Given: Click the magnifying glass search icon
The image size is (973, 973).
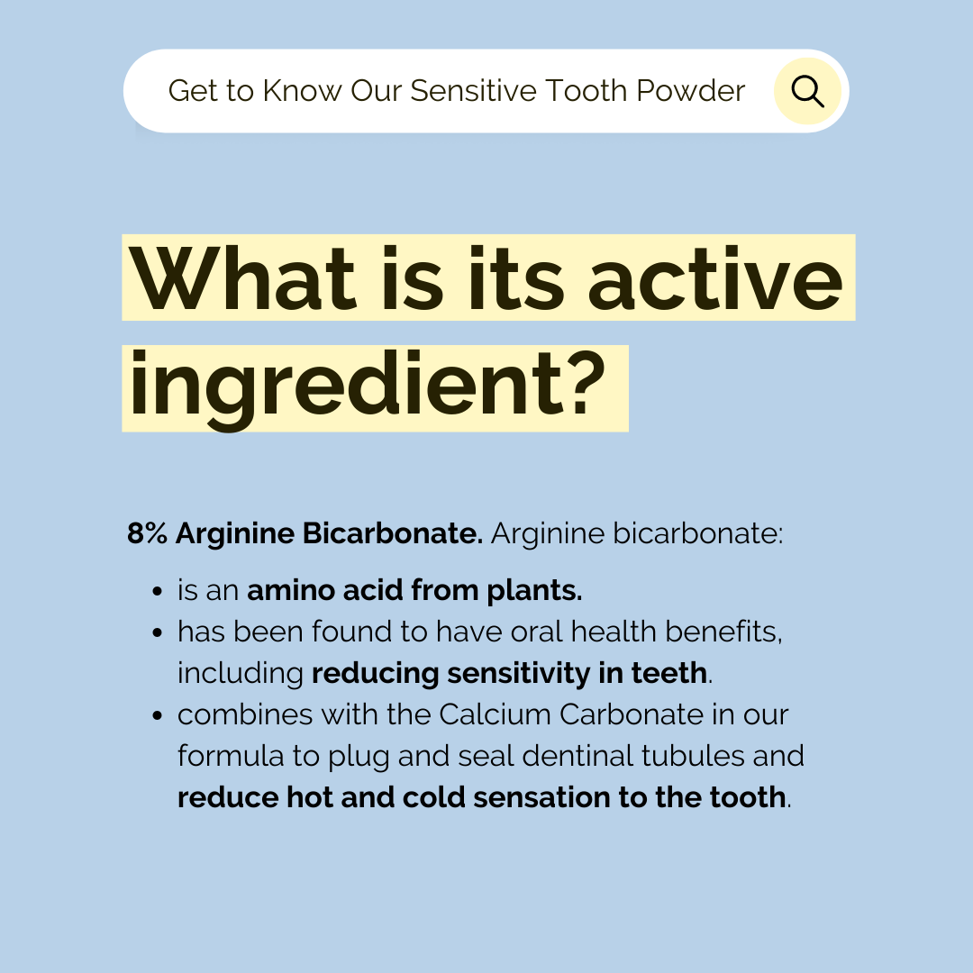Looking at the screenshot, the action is [807, 92].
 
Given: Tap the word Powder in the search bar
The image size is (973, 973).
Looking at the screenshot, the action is [691, 91].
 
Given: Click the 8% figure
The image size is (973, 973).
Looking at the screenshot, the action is [147, 533].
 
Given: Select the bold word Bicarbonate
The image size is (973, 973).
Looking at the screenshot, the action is [392, 533].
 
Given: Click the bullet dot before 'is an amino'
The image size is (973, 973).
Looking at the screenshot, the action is [157, 591].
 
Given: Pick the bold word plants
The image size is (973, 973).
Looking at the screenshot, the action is [534, 591].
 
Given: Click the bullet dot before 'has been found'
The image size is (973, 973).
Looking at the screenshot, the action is [157, 633].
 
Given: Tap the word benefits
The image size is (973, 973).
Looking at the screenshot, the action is [723, 632].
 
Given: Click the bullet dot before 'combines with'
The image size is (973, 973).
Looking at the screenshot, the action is [157, 715].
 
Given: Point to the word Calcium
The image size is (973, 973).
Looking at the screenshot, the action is [496, 714].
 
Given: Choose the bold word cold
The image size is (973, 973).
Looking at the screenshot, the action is [433, 797].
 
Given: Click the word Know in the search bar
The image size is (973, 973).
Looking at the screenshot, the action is [302, 91].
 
